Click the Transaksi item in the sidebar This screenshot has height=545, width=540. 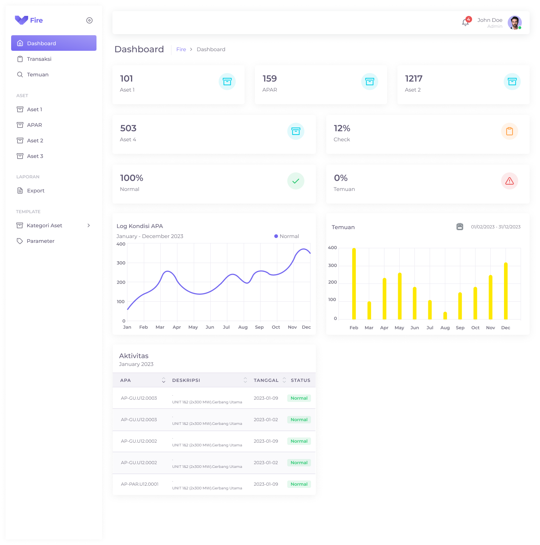(39, 59)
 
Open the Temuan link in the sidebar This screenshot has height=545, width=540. (37, 75)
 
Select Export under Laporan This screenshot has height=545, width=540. (36, 191)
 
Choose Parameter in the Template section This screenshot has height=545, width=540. (40, 241)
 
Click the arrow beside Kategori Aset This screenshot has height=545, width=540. (89, 225)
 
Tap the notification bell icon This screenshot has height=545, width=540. (465, 23)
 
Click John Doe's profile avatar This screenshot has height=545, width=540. (514, 23)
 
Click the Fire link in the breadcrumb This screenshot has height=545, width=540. (181, 49)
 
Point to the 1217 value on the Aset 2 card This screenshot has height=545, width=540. (413, 79)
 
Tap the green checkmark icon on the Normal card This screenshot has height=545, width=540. (296, 181)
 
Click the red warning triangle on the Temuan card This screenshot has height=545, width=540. (510, 181)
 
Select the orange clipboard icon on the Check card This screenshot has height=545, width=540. (510, 131)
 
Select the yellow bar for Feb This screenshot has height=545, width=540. (354, 284)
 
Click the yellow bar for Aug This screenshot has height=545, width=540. (445, 316)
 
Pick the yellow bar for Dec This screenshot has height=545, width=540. (505, 291)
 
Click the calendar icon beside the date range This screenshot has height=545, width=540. (460, 227)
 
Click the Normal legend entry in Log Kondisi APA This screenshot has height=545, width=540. (287, 236)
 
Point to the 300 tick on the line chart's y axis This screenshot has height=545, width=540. (121, 263)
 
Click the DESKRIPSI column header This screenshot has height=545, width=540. (186, 380)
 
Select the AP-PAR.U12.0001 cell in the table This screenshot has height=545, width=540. (140, 484)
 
